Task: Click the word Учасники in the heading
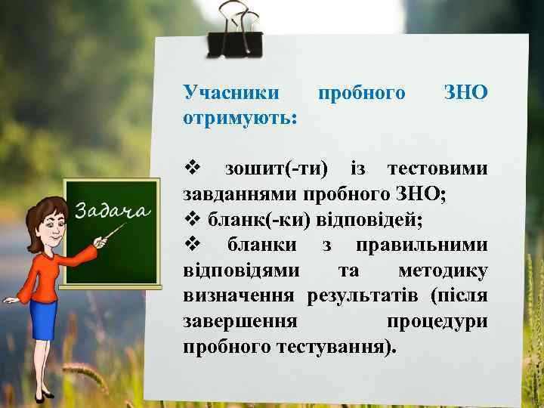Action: (x=231, y=93)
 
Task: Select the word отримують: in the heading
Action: (x=240, y=119)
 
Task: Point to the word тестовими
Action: (x=437, y=168)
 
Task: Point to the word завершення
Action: (x=240, y=322)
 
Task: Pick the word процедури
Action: (x=437, y=322)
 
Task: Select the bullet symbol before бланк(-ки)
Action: (x=190, y=220)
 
